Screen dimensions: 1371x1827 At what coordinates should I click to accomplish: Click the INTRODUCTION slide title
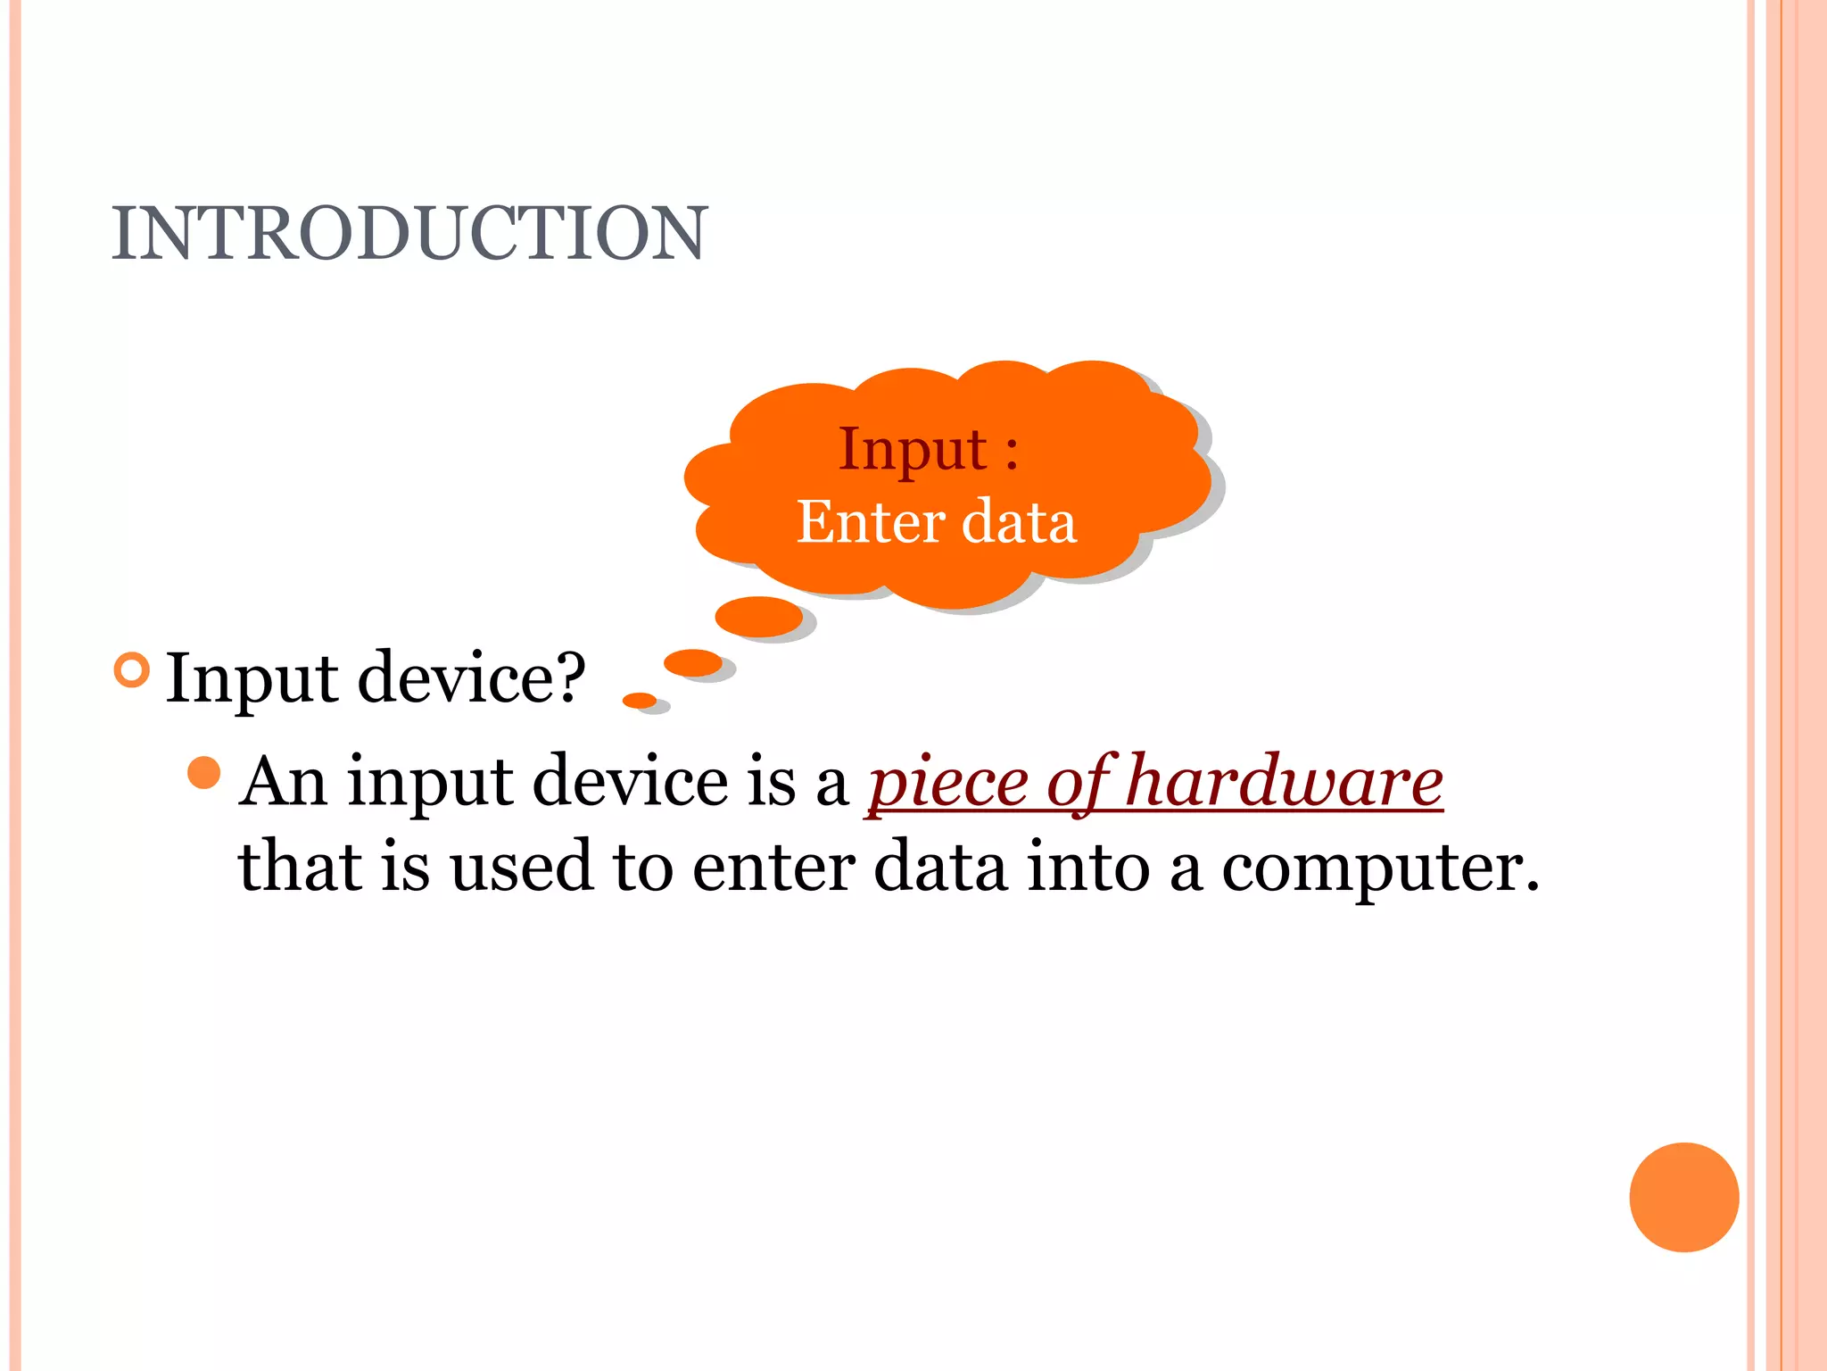tap(409, 234)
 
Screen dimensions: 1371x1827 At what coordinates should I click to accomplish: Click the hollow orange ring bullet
tap(132, 670)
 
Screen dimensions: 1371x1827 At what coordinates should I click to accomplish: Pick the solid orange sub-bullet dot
tap(204, 773)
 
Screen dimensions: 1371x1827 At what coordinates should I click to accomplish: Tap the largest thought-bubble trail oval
tap(758, 616)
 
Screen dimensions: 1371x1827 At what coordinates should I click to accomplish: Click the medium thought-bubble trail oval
tap(693, 663)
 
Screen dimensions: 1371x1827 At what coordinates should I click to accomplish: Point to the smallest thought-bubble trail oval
tap(639, 700)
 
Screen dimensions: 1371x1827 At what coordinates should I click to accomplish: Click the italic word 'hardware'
tap(1285, 782)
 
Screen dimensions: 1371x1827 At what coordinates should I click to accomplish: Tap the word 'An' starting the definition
tap(283, 782)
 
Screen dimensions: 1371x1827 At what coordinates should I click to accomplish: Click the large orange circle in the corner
tap(1683, 1197)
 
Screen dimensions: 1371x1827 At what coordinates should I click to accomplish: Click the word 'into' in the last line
tap(1087, 867)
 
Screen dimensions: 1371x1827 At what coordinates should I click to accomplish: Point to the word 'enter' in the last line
tap(773, 868)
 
